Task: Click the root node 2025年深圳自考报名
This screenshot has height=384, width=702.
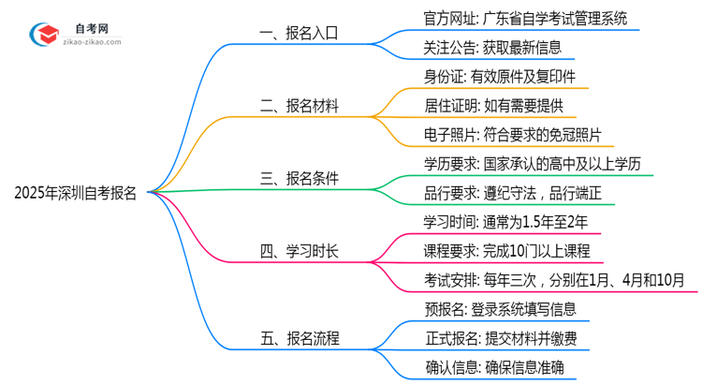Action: [75, 194]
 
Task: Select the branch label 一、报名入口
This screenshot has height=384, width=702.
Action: [299, 33]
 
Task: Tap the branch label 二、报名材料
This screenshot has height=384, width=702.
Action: [299, 107]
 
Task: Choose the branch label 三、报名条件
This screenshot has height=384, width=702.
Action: [299, 178]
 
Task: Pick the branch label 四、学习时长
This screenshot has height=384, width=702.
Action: [299, 250]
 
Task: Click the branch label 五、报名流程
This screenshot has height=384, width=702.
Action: [299, 338]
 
